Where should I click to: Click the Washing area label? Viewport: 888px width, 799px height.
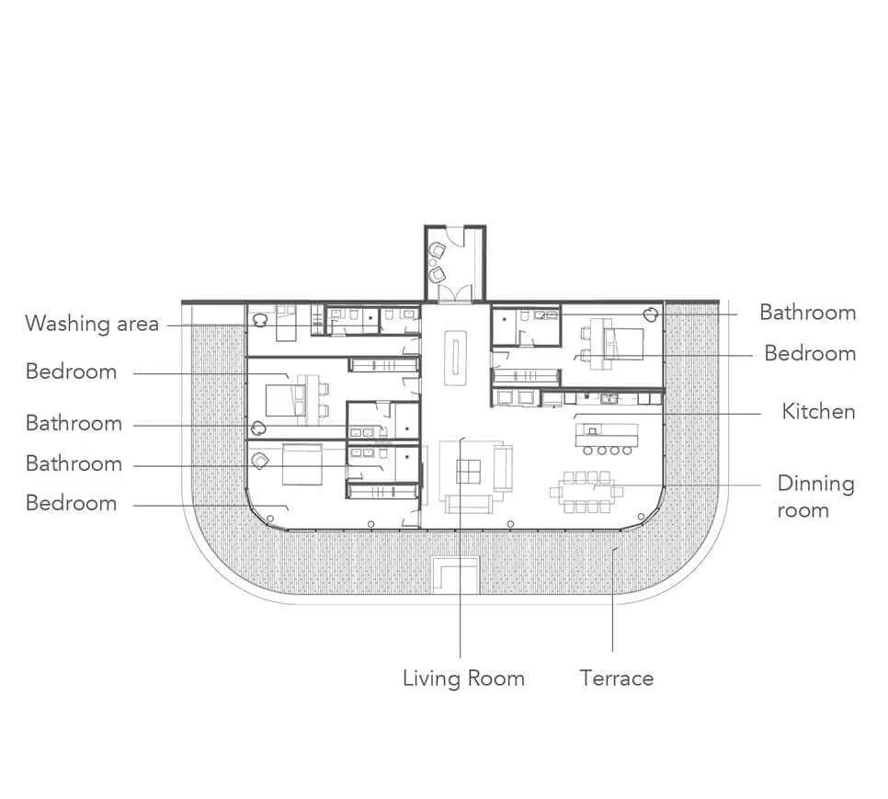(x=92, y=324)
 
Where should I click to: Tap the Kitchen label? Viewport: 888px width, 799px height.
(x=818, y=411)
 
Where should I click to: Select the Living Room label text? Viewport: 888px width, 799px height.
(x=463, y=678)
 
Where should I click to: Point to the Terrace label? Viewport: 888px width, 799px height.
(x=616, y=678)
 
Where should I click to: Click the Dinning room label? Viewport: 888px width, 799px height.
(x=815, y=497)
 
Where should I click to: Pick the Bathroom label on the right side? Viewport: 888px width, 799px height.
(x=808, y=312)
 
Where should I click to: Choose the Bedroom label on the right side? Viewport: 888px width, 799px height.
(x=810, y=353)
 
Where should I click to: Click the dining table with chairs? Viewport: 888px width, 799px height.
(x=586, y=492)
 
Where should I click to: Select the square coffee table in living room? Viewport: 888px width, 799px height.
(x=468, y=471)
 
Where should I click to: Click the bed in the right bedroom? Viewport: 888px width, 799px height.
(x=624, y=344)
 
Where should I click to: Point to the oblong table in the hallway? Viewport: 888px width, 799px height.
(x=455, y=358)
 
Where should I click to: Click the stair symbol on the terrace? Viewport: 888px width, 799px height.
(x=456, y=574)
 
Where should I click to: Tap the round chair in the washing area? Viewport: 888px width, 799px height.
(x=260, y=321)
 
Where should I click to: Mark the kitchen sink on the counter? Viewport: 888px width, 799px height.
(x=609, y=398)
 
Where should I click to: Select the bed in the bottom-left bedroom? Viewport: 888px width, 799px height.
(x=302, y=464)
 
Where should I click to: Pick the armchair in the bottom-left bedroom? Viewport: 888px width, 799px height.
(x=260, y=461)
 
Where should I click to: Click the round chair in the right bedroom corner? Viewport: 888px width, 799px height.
(x=651, y=314)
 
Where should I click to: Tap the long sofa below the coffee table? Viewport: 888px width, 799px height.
(x=468, y=504)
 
